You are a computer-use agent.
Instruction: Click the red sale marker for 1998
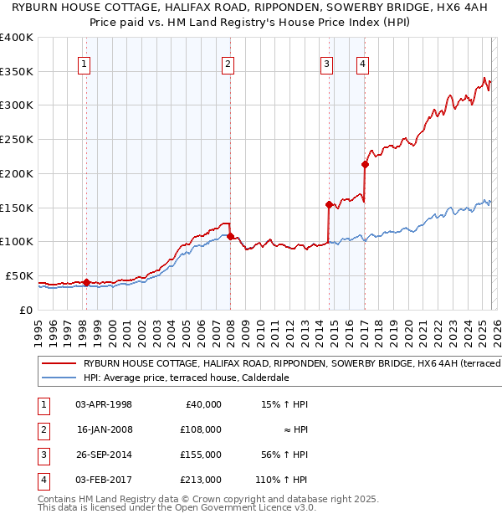(86, 282)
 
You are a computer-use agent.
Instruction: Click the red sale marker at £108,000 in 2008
(230, 236)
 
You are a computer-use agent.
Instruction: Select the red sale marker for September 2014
(329, 203)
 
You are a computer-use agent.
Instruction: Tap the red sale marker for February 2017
(365, 164)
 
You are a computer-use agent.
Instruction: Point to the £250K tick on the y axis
(17, 139)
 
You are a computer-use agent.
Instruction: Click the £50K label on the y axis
(18, 275)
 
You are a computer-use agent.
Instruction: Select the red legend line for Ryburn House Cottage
(58, 363)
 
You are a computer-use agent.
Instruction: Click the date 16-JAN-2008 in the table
(104, 429)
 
